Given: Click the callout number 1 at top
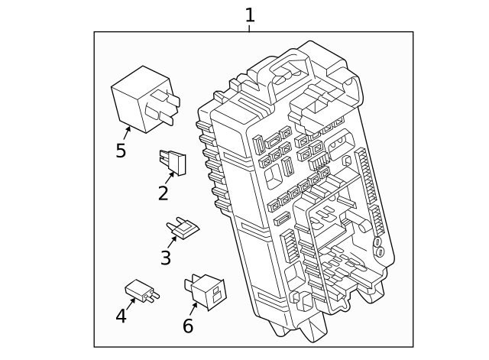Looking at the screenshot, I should coord(249,15).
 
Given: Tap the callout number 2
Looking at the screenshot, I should coord(163,193).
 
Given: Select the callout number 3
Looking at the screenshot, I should coord(165,258).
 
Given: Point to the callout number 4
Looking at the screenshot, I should coord(121,316).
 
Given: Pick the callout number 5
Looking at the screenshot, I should coord(121,151).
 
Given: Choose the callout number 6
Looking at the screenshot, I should coord(188,326).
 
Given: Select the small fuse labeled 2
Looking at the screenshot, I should coord(173,161).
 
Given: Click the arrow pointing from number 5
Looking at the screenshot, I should coord(126,133).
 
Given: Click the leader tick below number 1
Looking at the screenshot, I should coord(249,28).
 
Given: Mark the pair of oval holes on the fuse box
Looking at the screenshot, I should coord(377,246).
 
